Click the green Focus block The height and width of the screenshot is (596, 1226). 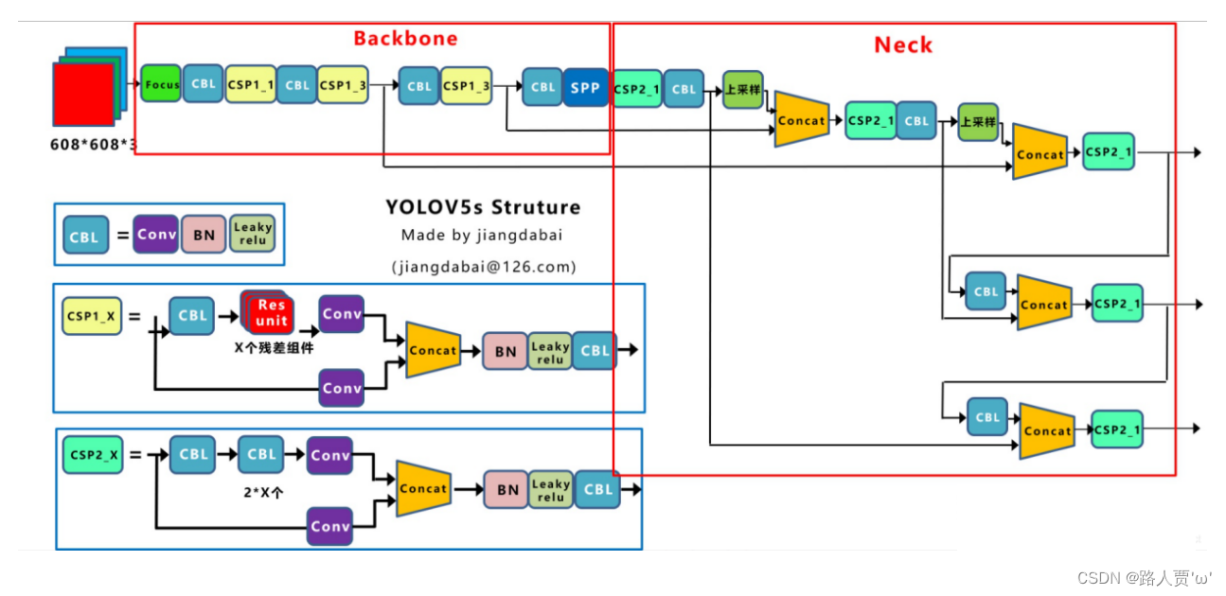click(x=161, y=84)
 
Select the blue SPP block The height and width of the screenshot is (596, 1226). click(x=585, y=87)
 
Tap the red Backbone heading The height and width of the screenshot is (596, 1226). click(x=405, y=39)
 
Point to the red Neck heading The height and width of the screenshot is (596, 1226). click(x=902, y=45)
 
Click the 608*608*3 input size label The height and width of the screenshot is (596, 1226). click(x=94, y=145)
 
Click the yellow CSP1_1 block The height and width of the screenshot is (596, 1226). click(x=250, y=84)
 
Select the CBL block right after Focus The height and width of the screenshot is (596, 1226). click(x=204, y=84)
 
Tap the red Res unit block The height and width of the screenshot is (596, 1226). click(x=271, y=313)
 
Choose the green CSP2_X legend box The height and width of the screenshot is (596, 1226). click(x=94, y=455)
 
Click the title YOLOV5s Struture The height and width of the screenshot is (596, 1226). click(x=483, y=207)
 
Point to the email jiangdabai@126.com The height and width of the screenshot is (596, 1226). click(x=484, y=267)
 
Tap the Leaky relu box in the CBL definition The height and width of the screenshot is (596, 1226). click(x=253, y=233)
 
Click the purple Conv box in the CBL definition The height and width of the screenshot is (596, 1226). click(x=156, y=234)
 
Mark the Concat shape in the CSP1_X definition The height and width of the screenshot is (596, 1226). click(x=432, y=350)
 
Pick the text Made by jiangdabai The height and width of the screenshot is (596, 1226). click(x=482, y=236)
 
